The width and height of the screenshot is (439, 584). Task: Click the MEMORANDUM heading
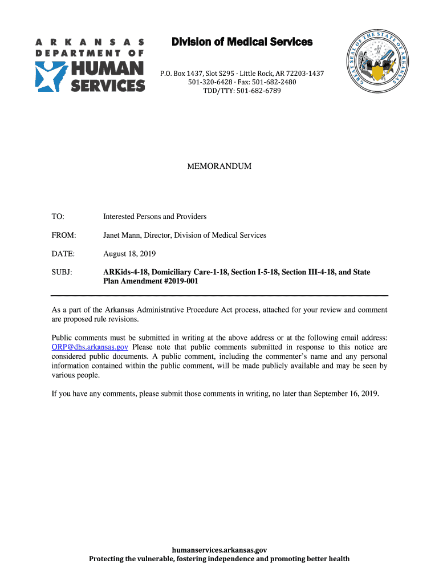(219, 167)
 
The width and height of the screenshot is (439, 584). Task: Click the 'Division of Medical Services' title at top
(242, 42)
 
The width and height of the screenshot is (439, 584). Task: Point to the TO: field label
(58, 217)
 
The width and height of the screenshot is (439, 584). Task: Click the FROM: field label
(63, 235)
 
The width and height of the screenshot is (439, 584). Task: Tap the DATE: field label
(63, 253)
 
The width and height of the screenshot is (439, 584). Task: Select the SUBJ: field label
(62, 272)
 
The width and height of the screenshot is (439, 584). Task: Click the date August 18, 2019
(129, 253)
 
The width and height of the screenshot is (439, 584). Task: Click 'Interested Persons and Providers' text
(155, 217)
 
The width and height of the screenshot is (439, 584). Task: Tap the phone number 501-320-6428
(211, 82)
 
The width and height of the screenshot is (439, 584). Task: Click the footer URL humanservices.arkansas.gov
(219, 550)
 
